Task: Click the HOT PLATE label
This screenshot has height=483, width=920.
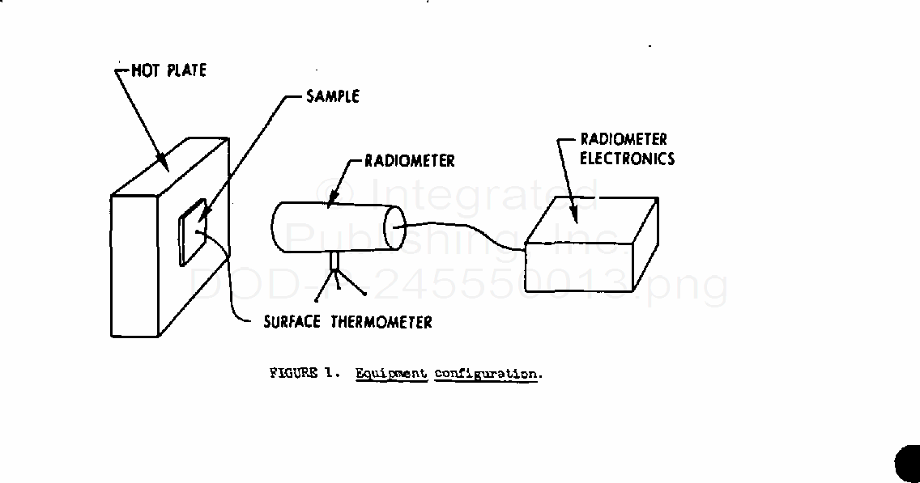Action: (x=168, y=70)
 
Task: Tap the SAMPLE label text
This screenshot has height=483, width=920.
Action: (x=332, y=96)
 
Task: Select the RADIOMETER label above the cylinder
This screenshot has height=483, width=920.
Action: (x=409, y=160)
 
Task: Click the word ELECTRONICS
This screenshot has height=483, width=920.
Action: (x=627, y=159)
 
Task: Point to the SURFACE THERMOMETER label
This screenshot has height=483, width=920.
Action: (x=347, y=322)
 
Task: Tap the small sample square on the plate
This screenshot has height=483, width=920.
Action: (x=193, y=234)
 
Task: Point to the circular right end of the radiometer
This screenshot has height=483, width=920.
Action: (x=394, y=226)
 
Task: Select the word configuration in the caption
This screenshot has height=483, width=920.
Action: (x=486, y=374)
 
